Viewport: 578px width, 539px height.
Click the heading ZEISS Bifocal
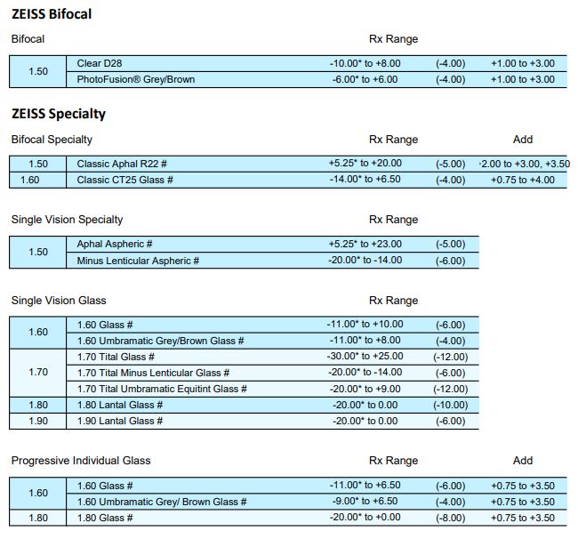point(51,14)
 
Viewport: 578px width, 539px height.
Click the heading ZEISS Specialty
point(58,114)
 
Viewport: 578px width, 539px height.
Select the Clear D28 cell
point(99,64)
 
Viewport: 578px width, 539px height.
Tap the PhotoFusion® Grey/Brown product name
point(136,80)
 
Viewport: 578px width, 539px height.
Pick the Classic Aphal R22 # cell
point(123,164)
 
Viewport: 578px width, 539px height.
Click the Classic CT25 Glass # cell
point(124,180)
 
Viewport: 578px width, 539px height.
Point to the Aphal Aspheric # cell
point(115,244)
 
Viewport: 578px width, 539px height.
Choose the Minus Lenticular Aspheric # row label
point(138,261)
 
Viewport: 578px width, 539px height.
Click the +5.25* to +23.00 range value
point(365,244)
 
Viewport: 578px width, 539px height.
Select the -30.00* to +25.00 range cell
point(365,357)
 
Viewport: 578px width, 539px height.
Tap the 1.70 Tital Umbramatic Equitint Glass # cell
point(161,389)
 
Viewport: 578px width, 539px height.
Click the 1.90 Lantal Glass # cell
point(120,421)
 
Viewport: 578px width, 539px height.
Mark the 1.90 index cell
point(38,421)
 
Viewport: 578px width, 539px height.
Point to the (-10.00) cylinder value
point(451,405)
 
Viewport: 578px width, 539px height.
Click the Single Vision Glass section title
point(59,301)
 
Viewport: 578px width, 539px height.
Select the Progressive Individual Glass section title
point(81,461)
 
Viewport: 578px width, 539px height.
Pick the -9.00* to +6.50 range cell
point(365,502)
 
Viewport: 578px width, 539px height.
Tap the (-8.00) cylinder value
point(451,518)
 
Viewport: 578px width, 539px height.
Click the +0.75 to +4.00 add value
point(523,180)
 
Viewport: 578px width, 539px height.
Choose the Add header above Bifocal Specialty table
point(523,140)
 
